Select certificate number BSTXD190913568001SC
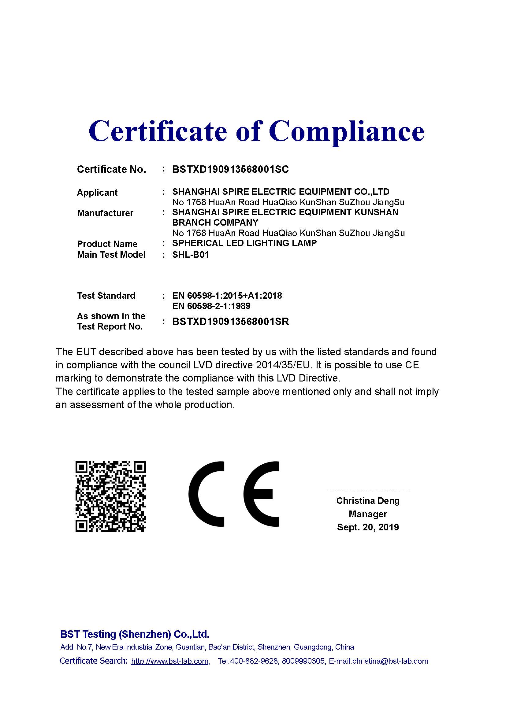pyautogui.click(x=230, y=169)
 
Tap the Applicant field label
pyautogui.click(x=97, y=193)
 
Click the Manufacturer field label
pyautogui.click(x=105, y=213)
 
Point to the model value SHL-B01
pyautogui.click(x=190, y=255)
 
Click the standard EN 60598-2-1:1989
pyautogui.click(x=211, y=306)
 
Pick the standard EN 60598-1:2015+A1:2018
pyautogui.click(x=227, y=296)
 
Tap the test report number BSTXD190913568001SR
pyautogui.click(x=231, y=321)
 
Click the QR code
pyautogui.click(x=111, y=496)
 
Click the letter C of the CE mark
pyautogui.click(x=206, y=494)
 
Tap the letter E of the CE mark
pyautogui.click(x=261, y=494)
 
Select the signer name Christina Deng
pyautogui.click(x=368, y=500)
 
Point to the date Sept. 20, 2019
pyautogui.click(x=368, y=527)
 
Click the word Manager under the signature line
pyautogui.click(x=368, y=514)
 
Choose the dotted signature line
pyautogui.click(x=368, y=490)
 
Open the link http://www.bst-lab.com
pyautogui.click(x=169, y=661)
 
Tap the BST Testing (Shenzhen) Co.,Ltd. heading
pyautogui.click(x=135, y=634)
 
